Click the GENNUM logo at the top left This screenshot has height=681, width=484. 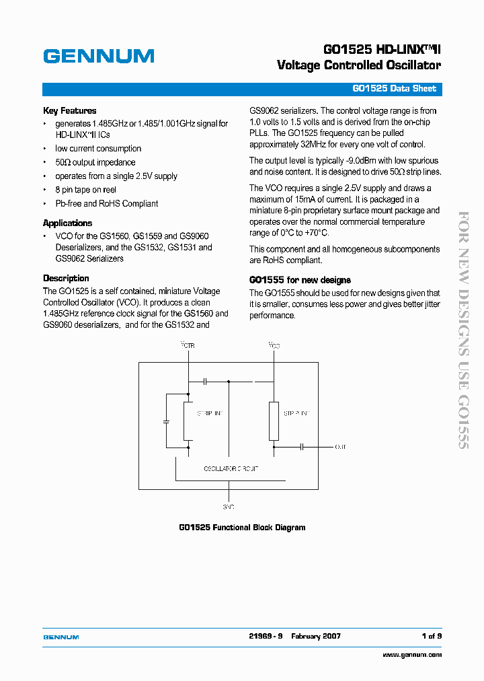(98, 57)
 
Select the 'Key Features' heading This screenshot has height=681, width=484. (69, 110)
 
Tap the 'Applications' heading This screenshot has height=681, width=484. (67, 223)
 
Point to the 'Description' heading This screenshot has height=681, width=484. (66, 278)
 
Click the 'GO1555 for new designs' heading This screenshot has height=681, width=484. (300, 280)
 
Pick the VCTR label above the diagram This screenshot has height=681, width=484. (188, 345)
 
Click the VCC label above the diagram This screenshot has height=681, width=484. (274, 345)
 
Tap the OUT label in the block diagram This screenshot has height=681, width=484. (341, 446)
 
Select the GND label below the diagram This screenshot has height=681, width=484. (229, 506)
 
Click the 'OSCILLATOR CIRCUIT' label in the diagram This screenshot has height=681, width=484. (231, 468)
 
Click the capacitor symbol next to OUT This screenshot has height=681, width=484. (302, 446)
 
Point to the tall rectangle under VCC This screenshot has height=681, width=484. (274, 421)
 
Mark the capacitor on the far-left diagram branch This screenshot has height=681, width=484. (166, 422)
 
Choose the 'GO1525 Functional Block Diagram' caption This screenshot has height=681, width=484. (242, 528)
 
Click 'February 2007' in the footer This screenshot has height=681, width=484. (316, 636)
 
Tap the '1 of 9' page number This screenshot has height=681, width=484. (432, 636)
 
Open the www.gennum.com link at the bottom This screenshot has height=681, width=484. (412, 655)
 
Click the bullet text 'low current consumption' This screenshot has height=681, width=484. (98, 149)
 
